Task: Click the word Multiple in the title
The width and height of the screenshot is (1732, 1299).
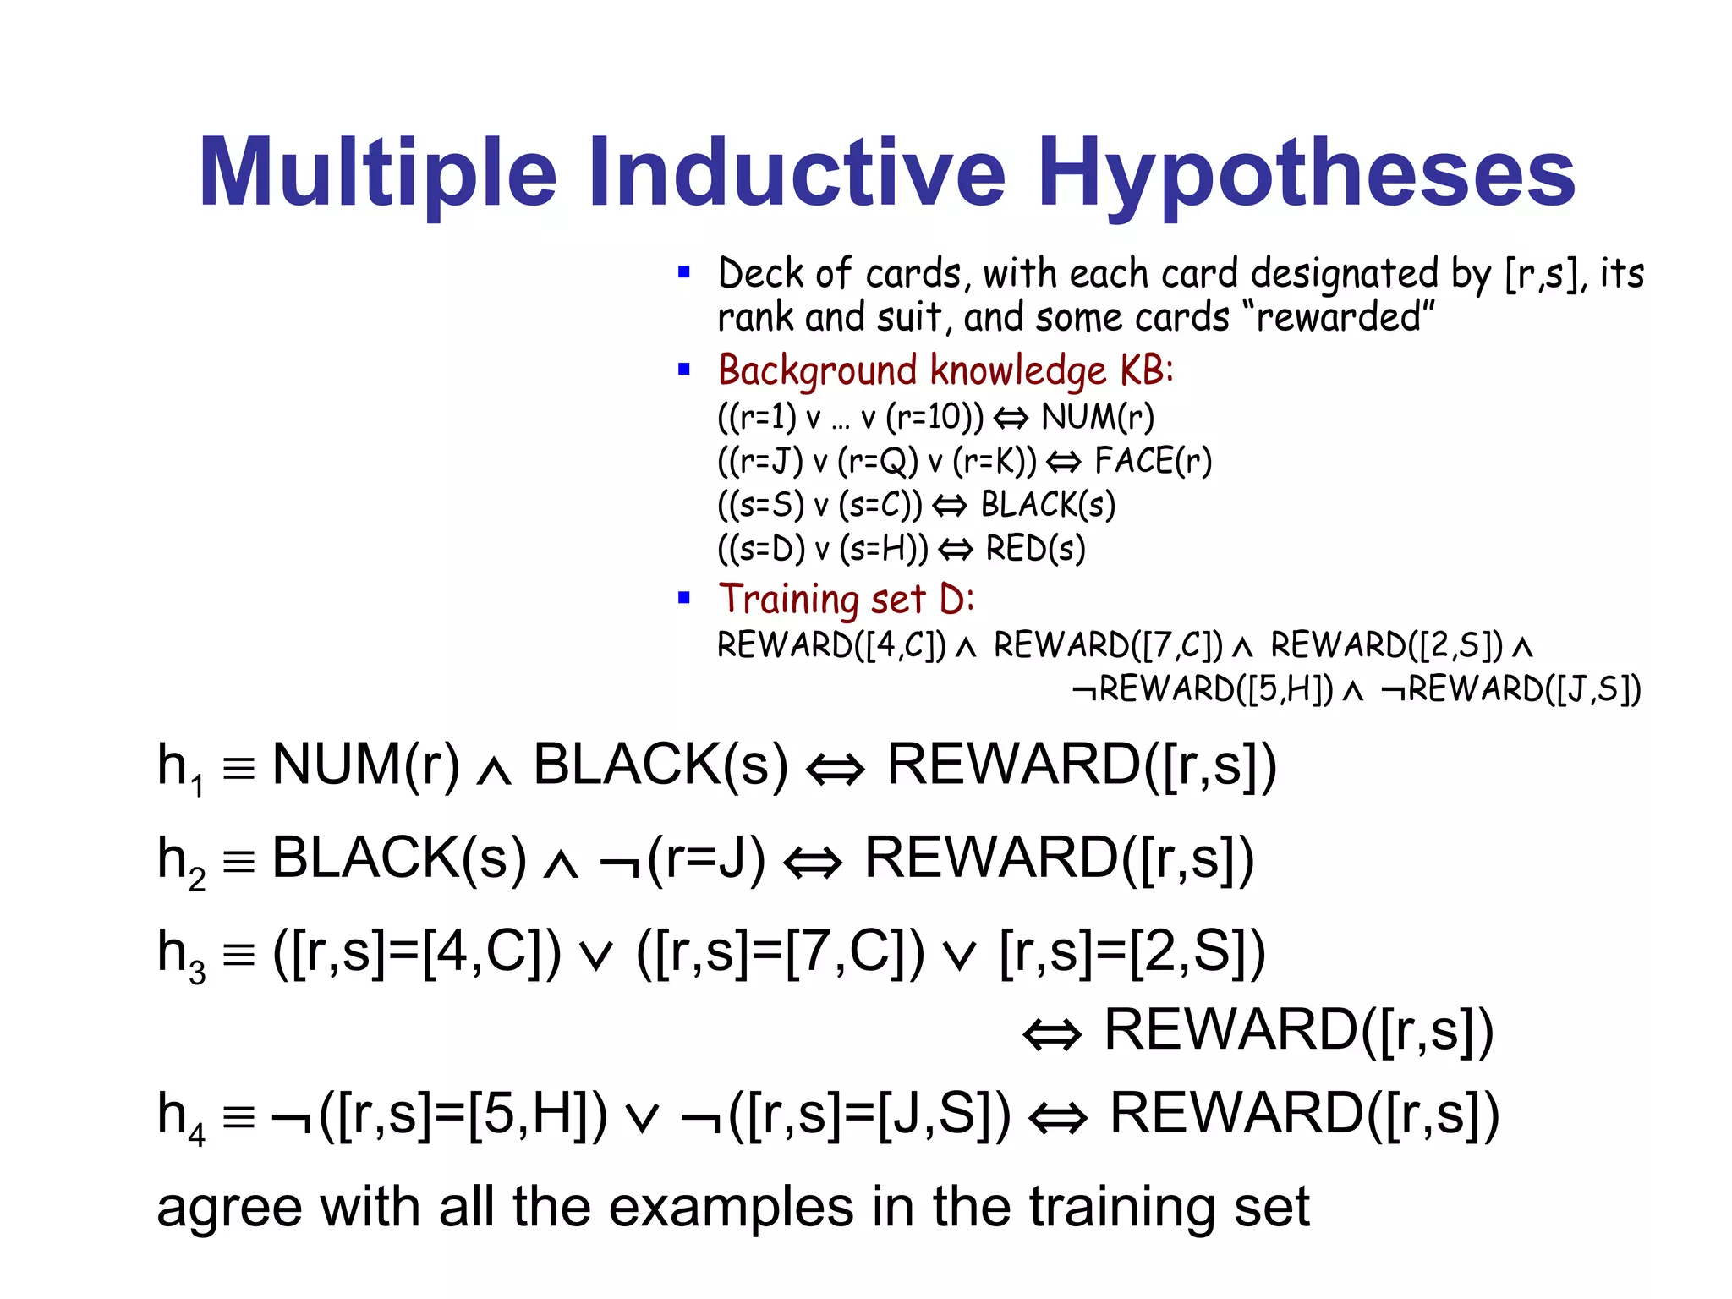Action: [377, 173]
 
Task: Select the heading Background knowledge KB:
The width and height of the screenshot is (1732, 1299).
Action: [945, 370]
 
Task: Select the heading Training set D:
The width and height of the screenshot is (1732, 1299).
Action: [846, 599]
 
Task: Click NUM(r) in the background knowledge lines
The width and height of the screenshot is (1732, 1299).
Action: [1098, 417]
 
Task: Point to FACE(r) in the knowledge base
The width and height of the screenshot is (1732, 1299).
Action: [1153, 461]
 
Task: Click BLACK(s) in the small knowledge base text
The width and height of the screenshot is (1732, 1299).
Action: [1048, 505]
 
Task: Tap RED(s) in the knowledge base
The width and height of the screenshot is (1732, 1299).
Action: [1035, 549]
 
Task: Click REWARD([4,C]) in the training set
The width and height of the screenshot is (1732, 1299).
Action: [831, 645]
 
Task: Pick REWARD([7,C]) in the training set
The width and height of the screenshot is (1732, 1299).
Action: [1108, 645]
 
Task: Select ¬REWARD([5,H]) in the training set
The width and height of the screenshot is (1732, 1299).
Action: [1202, 689]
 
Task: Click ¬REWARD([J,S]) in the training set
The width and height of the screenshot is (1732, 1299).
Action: [1510, 689]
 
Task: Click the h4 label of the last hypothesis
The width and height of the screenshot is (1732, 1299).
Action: [180, 1116]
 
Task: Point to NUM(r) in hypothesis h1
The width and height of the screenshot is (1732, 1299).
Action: [366, 765]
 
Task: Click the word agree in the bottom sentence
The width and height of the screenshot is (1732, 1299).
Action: [229, 1208]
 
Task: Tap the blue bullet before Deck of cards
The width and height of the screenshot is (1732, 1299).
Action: [684, 272]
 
